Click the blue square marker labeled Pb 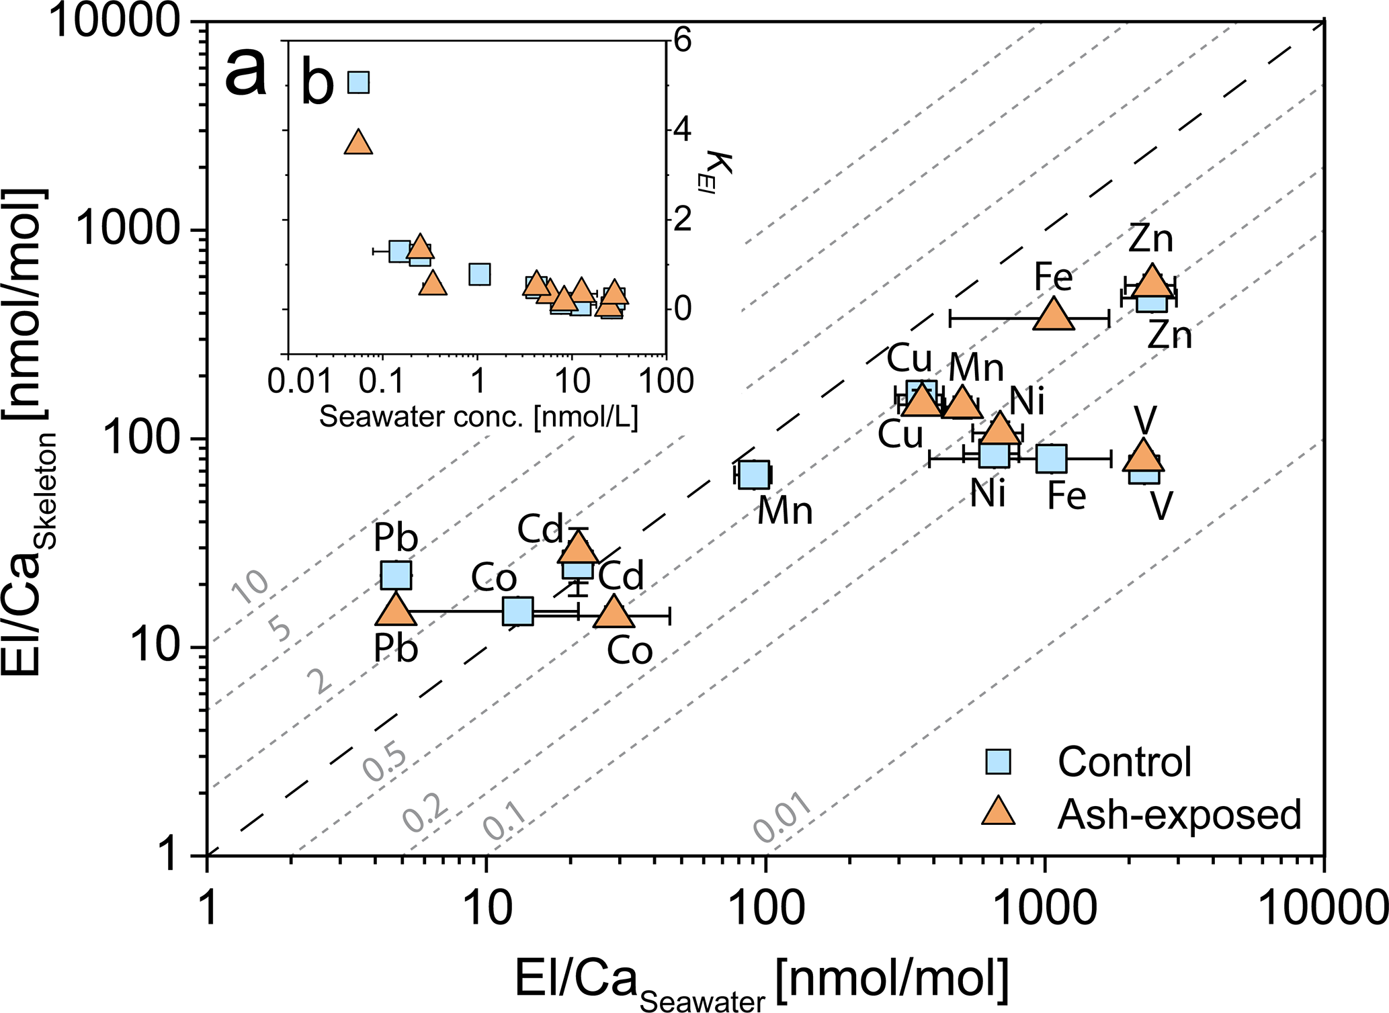(x=396, y=575)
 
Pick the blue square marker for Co (x=518, y=611)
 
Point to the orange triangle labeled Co (x=613, y=613)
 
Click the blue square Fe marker (x=1052, y=459)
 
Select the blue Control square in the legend (x=998, y=762)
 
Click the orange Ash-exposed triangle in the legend (x=998, y=812)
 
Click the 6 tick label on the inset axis (x=682, y=42)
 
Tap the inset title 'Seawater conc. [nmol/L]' (x=478, y=417)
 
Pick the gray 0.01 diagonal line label (x=784, y=818)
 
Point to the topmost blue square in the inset (x=359, y=83)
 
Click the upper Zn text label (x=1150, y=239)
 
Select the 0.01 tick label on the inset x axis (x=300, y=382)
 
